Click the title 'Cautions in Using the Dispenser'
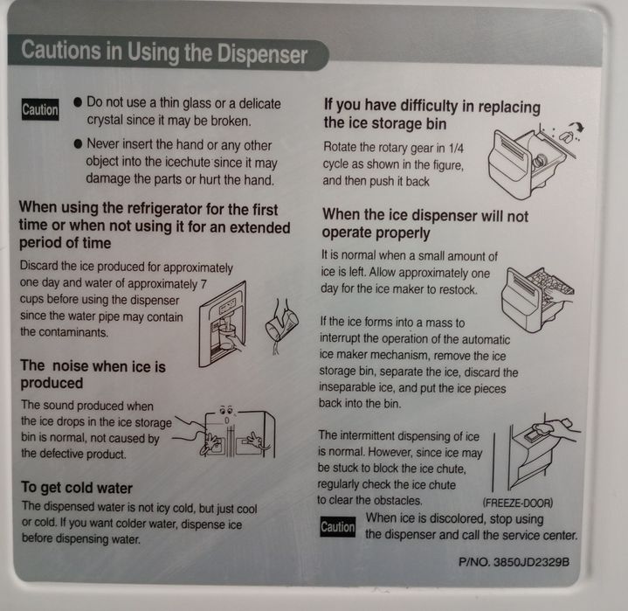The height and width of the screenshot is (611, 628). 164,52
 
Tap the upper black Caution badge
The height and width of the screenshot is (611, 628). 40,109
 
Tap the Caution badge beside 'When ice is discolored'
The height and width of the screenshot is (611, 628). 338,527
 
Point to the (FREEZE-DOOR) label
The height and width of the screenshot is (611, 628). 518,503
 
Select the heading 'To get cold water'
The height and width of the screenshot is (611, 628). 77,488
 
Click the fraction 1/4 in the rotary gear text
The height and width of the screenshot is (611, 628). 456,149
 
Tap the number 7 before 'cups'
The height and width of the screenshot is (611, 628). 204,284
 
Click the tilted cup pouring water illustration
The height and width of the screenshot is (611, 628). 281,325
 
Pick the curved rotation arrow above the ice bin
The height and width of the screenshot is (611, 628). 576,128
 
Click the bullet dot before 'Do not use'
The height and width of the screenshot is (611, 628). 78,101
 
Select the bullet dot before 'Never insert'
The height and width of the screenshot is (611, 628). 78,143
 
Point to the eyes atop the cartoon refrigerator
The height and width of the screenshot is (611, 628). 226,410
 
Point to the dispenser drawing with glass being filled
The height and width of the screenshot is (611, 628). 223,324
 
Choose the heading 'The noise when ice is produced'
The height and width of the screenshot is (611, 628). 93,374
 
